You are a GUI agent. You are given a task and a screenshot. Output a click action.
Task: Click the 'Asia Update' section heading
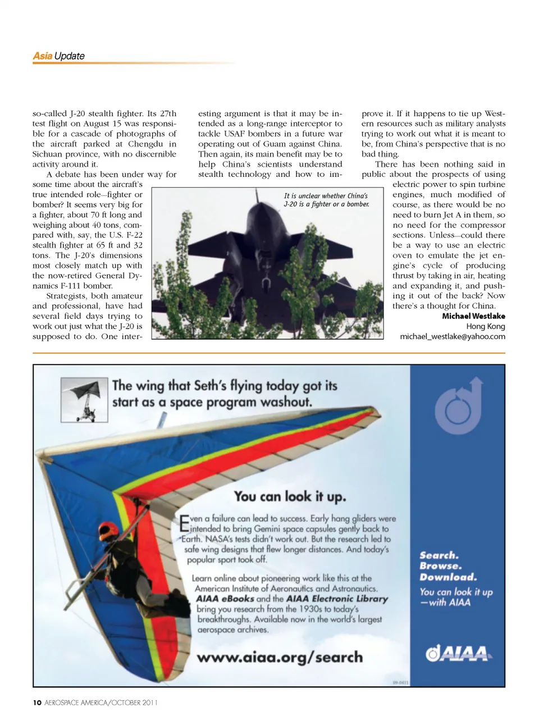click(58, 56)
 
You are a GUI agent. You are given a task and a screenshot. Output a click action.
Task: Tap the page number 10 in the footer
click(37, 702)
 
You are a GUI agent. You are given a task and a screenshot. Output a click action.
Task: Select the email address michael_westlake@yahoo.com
click(452, 336)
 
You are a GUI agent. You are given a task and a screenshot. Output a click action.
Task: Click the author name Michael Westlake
click(473, 316)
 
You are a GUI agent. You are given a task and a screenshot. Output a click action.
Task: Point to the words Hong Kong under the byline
click(486, 326)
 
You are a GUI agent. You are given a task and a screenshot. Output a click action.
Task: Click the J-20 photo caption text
click(326, 200)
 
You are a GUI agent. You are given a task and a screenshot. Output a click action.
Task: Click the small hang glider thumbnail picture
click(84, 399)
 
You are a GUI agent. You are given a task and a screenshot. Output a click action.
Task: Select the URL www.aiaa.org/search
click(280, 657)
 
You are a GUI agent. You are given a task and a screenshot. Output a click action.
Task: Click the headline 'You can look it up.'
click(290, 496)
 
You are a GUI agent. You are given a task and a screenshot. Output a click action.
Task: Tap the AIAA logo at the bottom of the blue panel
click(458, 653)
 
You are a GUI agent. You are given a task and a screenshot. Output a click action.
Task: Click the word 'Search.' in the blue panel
click(439, 555)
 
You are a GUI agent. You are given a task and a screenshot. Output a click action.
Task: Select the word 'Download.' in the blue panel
click(448, 577)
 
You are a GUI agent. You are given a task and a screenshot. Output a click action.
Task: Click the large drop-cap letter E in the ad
click(184, 524)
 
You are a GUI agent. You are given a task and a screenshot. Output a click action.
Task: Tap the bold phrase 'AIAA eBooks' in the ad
click(225, 599)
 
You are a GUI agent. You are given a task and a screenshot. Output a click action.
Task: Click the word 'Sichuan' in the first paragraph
click(47, 154)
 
